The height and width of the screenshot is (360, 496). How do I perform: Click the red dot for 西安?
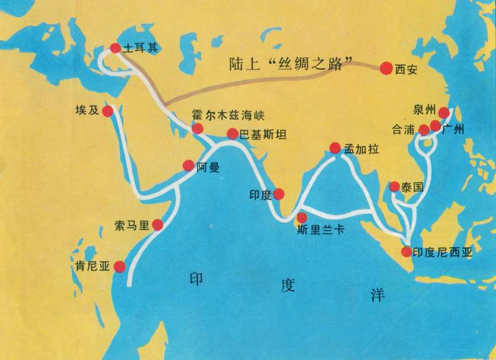(386, 68)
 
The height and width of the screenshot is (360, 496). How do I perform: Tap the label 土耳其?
(138, 47)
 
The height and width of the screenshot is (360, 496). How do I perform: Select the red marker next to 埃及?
(107, 112)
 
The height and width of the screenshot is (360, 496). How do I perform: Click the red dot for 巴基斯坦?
(232, 133)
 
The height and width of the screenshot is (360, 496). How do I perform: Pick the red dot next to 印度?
(279, 194)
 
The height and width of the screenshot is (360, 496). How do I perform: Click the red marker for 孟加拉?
(335, 148)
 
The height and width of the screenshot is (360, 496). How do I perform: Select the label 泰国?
(412, 187)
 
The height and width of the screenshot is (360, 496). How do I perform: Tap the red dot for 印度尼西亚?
(406, 252)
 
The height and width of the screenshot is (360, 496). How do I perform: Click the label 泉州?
(423, 112)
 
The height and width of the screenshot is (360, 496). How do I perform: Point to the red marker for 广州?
(435, 126)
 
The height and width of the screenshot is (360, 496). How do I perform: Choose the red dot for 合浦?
(423, 130)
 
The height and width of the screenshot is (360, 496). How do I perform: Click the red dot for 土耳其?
(115, 46)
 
